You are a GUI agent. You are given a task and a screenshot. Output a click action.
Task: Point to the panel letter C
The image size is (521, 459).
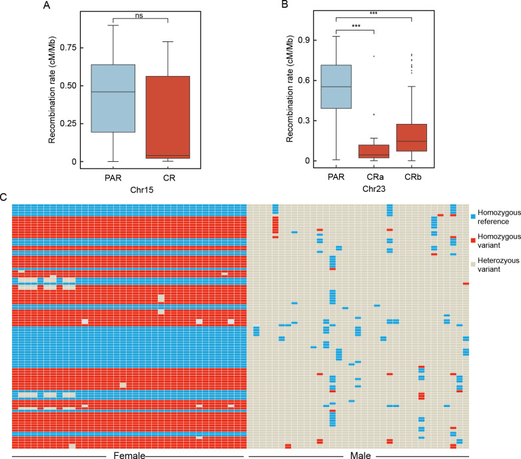(5, 197)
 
